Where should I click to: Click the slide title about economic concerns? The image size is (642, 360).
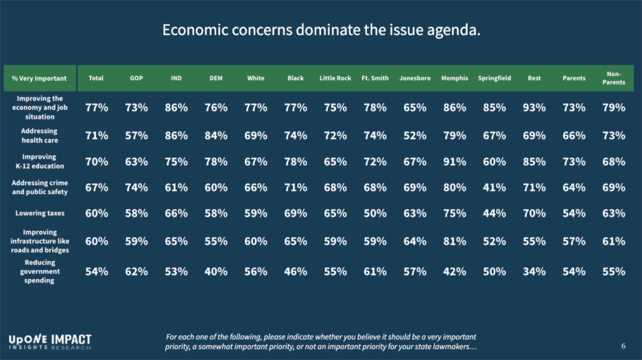point(321,31)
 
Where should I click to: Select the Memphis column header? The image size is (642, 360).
point(454,78)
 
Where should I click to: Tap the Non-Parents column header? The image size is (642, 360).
point(613,78)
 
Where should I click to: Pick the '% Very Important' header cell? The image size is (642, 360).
point(39,78)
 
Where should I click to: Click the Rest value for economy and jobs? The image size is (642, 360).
point(534,108)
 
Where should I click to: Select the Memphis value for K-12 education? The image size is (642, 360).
point(454,163)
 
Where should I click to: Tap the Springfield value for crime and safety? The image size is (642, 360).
point(494,188)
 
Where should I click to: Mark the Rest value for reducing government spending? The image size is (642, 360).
point(534,272)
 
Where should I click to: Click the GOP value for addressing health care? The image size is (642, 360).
point(136,135)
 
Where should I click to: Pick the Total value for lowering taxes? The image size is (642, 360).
point(96,213)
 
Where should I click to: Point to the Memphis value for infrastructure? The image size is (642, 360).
point(454,241)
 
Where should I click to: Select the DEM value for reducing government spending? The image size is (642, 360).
point(215,272)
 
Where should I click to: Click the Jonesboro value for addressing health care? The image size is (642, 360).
point(414,135)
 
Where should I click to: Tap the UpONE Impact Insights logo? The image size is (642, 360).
point(49,341)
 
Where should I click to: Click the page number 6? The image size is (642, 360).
point(623,346)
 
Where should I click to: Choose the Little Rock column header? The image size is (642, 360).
point(335,78)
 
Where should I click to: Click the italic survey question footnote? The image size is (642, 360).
point(321,342)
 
